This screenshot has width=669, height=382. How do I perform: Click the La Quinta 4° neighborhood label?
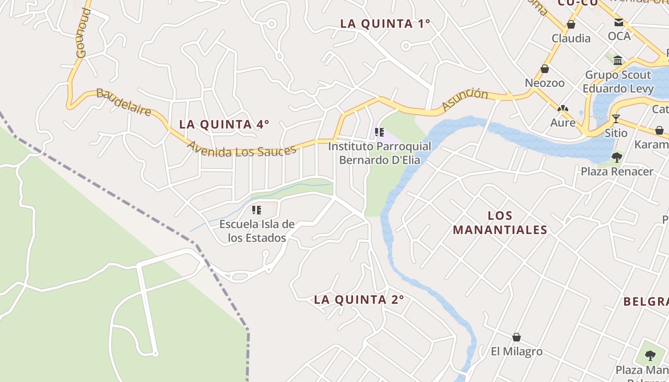tap(224, 125)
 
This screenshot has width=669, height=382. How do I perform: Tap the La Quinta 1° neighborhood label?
tap(385, 23)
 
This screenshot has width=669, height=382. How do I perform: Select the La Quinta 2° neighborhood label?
tap(359, 300)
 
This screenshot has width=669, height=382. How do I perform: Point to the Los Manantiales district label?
tap(500, 223)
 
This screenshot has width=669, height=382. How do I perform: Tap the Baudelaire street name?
tap(124, 102)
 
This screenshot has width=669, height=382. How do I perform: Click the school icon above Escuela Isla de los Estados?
tap(257, 210)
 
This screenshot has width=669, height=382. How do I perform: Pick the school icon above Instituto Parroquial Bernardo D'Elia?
tap(379, 132)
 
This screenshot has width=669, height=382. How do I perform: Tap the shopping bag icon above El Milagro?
tap(517, 337)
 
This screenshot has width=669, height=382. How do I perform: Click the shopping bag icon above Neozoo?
tap(545, 69)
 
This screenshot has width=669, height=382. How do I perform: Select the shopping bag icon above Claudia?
tap(571, 24)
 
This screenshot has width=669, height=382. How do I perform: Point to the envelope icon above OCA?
tap(619, 22)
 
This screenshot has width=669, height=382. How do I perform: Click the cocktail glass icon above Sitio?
tap(616, 118)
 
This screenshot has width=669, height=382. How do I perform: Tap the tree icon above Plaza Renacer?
tap(617, 157)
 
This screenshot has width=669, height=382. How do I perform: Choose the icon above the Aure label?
tap(563, 109)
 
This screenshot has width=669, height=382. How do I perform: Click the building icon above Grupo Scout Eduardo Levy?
tap(618, 60)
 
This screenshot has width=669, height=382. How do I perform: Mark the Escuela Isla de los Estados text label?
tap(257, 231)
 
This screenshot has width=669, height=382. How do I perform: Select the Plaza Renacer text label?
tap(617, 171)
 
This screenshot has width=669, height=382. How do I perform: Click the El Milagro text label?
tap(517, 351)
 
